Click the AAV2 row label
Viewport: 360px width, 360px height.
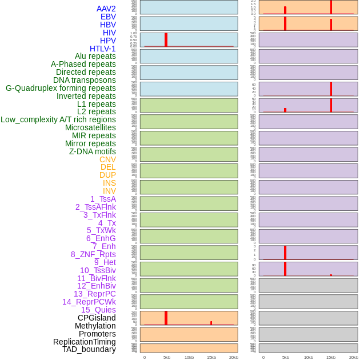[x=106, y=9]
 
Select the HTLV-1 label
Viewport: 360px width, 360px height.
[x=103, y=49]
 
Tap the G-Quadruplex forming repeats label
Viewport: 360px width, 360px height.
[x=61, y=88]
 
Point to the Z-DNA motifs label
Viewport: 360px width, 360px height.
[x=93, y=151]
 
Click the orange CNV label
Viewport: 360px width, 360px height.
[x=107, y=159]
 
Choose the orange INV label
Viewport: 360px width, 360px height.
[x=109, y=191]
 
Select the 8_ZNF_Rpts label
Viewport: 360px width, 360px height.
[x=93, y=254]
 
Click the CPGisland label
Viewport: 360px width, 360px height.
[x=97, y=318]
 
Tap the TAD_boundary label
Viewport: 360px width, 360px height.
[x=89, y=349]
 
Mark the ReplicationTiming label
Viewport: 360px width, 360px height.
[x=85, y=342]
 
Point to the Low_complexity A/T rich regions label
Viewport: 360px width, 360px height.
[x=58, y=119]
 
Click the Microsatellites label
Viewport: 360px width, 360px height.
[x=90, y=127]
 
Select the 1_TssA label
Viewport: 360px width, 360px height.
[x=103, y=199]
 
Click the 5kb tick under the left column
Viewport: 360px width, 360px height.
[x=167, y=357]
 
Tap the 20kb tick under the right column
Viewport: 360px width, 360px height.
[x=354, y=357]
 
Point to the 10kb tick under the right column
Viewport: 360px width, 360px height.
[x=308, y=357]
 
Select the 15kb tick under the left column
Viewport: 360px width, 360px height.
[x=211, y=357]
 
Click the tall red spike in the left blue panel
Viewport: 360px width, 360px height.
[x=166, y=39]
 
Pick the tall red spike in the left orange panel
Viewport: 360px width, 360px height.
[x=166, y=318]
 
